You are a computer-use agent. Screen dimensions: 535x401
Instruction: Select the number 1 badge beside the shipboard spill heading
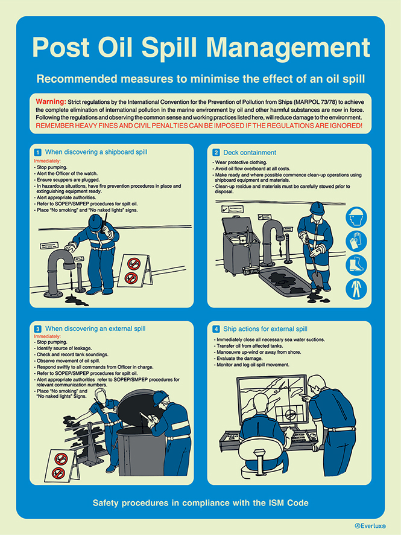click(37, 152)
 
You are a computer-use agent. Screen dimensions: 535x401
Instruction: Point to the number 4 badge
click(216, 329)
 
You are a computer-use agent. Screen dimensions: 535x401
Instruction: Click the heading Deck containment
click(250, 152)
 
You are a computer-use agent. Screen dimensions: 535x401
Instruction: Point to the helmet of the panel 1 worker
click(96, 221)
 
